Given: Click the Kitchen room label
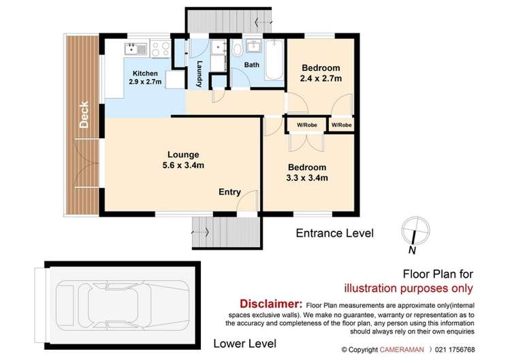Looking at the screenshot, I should [146, 73].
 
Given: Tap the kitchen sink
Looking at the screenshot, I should [131, 48].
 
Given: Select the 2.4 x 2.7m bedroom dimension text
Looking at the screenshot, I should [321, 79].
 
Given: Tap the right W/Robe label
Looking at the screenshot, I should [342, 125].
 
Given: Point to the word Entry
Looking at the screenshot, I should [229, 192].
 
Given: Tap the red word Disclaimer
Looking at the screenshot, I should [270, 304].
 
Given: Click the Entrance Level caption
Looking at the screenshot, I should [334, 233].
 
